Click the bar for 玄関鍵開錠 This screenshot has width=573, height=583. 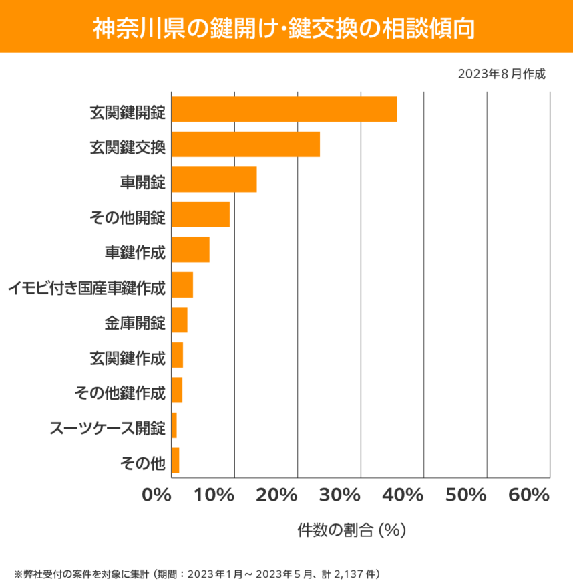click(284, 109)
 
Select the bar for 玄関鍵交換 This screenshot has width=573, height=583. click(246, 144)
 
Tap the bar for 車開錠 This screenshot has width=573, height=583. click(214, 179)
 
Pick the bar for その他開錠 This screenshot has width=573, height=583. click(200, 215)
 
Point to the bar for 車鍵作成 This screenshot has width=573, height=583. click(190, 249)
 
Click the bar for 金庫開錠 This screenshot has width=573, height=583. click(180, 320)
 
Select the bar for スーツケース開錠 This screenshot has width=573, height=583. click(174, 425)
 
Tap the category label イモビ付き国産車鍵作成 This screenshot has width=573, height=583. click(86, 289)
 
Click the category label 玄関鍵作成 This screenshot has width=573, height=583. click(127, 359)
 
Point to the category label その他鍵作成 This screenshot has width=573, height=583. click(120, 394)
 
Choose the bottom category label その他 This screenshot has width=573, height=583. click(142, 462)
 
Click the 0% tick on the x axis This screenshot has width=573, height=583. click(157, 495)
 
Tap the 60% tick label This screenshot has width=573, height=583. click(528, 495)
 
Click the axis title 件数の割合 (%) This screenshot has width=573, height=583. click(351, 530)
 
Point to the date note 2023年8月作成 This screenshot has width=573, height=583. click(502, 74)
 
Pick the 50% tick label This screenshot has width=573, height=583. click(466, 495)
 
